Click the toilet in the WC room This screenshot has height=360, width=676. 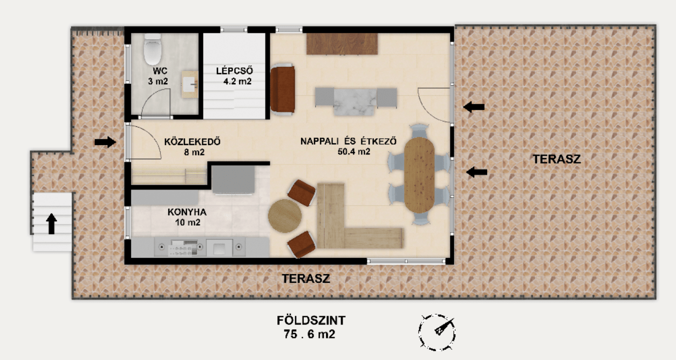153,50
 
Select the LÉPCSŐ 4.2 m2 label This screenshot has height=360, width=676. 235,77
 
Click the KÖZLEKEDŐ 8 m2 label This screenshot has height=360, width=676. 192,147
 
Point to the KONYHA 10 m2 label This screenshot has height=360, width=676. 187,217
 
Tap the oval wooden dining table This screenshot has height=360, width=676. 419,174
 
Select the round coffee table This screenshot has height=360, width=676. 284,216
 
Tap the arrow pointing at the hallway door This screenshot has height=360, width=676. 105,142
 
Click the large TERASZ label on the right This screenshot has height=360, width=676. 556,159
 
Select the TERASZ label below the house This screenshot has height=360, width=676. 306,279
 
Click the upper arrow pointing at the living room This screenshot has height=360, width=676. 474,107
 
